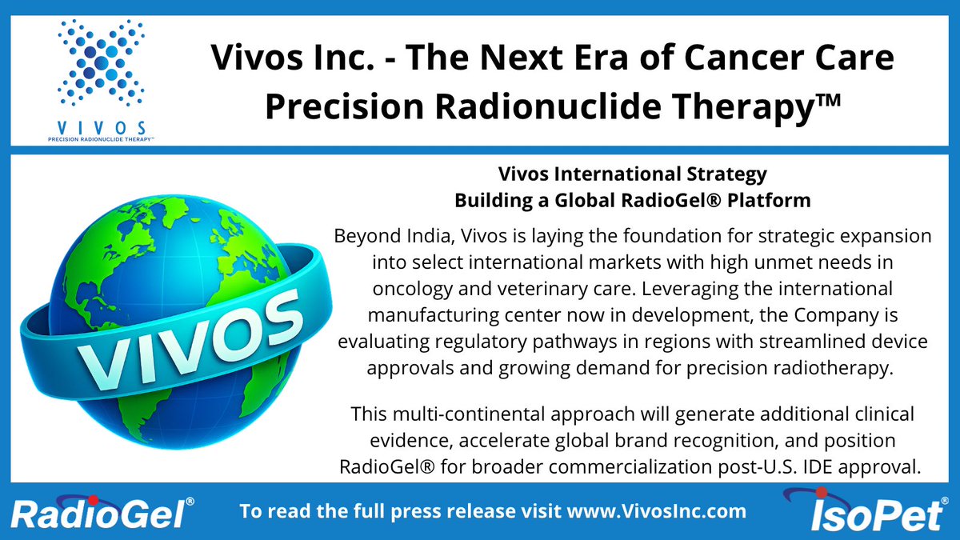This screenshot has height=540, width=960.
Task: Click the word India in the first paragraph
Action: click(440, 238)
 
